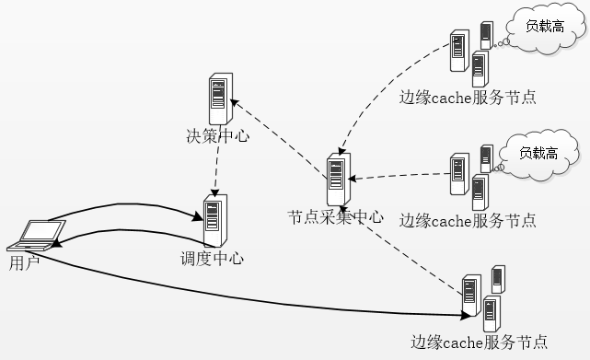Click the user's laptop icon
point(27,236)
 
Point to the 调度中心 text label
point(213,259)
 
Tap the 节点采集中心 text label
point(335,218)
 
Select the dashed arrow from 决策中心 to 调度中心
point(216,171)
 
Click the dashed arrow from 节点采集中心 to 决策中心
point(281,134)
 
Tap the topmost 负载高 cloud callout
point(545,27)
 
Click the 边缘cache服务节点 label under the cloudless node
point(479,342)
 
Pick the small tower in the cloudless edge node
point(498,279)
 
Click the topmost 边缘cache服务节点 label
point(468,96)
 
